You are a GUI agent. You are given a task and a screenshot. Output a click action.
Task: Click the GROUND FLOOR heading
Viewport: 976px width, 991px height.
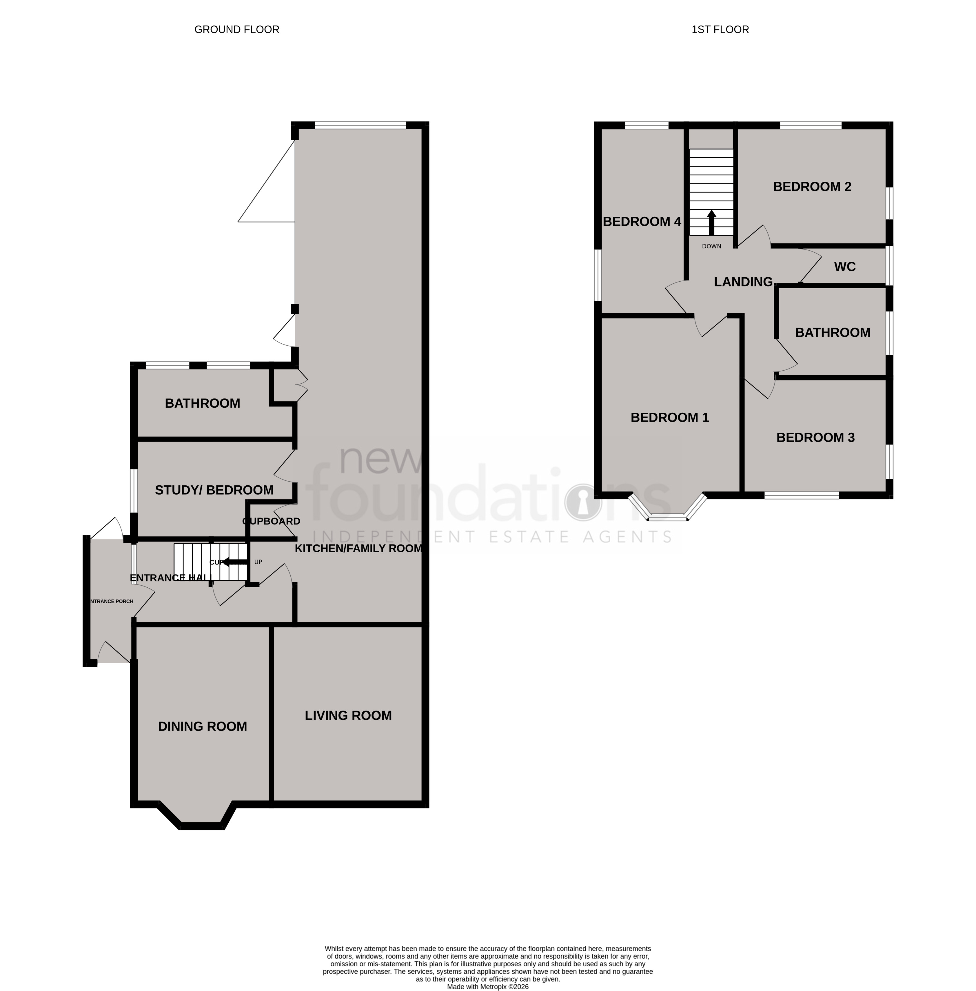[x=237, y=30]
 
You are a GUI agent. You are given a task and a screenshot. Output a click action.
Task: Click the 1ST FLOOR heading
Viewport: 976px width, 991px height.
[x=720, y=30]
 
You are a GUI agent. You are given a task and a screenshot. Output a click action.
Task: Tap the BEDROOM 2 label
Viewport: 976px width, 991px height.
[x=812, y=187]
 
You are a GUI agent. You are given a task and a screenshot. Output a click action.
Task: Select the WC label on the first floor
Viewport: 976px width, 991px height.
[x=845, y=267]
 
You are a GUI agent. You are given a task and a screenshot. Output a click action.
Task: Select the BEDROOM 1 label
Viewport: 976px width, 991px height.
[x=669, y=417]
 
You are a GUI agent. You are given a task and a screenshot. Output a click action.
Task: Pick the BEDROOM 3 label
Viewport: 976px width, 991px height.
[x=815, y=437]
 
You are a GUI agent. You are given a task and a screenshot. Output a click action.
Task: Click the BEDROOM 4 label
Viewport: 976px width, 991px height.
[x=642, y=221]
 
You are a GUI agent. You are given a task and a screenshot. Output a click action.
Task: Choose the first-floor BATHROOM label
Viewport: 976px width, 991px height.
[x=833, y=332]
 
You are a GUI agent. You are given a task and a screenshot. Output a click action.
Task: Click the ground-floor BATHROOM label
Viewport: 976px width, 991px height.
[x=203, y=403]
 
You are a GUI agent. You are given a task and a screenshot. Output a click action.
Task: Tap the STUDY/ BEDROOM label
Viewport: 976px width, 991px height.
[x=214, y=490]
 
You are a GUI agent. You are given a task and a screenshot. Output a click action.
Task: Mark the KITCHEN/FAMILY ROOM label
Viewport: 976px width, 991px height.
[x=358, y=548]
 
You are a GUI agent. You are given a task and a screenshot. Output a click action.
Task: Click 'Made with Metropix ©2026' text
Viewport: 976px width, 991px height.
[x=487, y=986]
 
